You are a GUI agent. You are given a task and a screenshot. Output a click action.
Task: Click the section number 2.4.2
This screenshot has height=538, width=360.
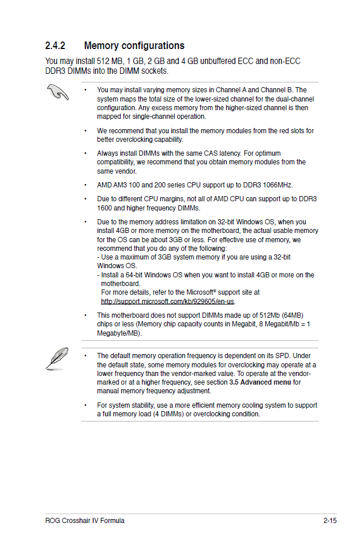pos(55,46)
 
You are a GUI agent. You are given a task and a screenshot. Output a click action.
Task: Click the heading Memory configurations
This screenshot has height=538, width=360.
pos(134,46)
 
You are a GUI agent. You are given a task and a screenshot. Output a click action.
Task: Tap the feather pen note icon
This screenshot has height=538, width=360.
pos(58,358)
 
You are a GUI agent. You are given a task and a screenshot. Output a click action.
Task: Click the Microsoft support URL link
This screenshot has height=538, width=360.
pos(168,301)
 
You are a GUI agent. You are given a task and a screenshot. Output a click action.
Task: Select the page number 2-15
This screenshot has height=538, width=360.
pos(330,521)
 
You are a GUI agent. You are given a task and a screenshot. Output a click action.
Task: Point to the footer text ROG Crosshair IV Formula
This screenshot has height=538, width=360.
pos(85,521)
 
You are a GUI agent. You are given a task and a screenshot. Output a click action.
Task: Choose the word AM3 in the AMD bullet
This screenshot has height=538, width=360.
pos(122,185)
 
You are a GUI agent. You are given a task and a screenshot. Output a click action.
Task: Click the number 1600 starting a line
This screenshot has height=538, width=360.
pos(104,208)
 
